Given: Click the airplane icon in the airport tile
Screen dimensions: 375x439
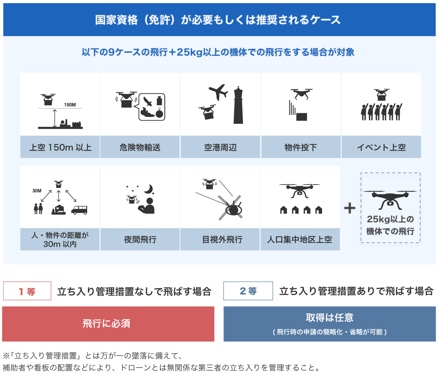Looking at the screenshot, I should click(x=218, y=92).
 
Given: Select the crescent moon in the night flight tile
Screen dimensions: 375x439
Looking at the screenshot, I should click(x=149, y=189).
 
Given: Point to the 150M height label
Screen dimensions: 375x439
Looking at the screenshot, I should click(x=69, y=105).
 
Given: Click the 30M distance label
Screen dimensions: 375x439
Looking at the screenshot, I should click(x=37, y=191).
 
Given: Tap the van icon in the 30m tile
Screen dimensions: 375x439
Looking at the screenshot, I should click(x=79, y=210).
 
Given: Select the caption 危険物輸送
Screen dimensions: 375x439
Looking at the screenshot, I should click(x=140, y=147).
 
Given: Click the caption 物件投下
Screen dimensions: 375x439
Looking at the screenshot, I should click(x=301, y=147).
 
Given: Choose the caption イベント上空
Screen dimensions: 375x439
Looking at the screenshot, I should click(x=381, y=147).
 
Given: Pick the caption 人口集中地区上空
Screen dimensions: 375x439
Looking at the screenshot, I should click(x=300, y=240).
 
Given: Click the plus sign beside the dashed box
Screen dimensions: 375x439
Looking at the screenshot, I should click(x=350, y=208).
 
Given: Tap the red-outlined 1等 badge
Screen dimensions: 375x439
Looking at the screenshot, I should click(x=27, y=291).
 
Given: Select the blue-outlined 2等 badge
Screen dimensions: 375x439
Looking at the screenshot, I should click(x=248, y=291).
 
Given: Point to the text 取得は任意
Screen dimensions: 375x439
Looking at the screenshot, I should click(x=329, y=318).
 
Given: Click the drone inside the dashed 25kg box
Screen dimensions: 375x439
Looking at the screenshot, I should click(x=390, y=198).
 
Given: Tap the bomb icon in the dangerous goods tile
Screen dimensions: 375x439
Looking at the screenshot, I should click(x=159, y=113).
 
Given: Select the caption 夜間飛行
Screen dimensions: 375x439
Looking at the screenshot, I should click(x=140, y=240).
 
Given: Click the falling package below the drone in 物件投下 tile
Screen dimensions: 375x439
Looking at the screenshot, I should click(x=301, y=117).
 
